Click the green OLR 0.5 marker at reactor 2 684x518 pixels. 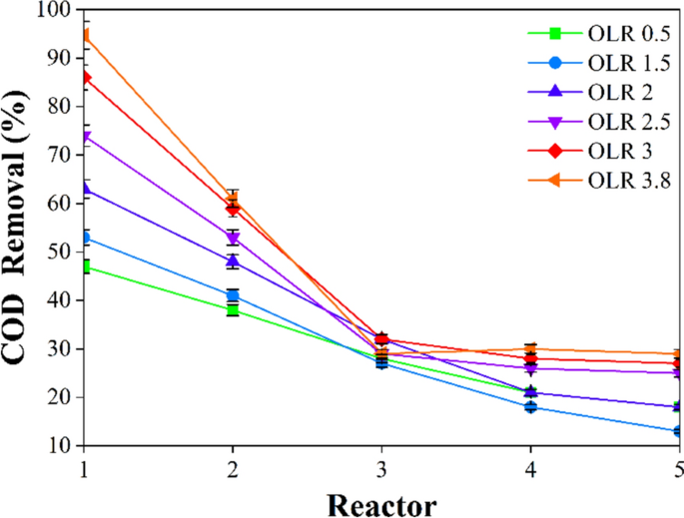tap(233, 310)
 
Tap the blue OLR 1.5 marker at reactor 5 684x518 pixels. tap(679, 431)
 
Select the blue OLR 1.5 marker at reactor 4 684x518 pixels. tap(530, 407)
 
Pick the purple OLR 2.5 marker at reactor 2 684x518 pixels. tap(233, 239)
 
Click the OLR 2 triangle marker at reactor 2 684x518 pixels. tap(233, 261)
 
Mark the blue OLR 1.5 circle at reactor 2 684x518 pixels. tap(233, 295)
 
